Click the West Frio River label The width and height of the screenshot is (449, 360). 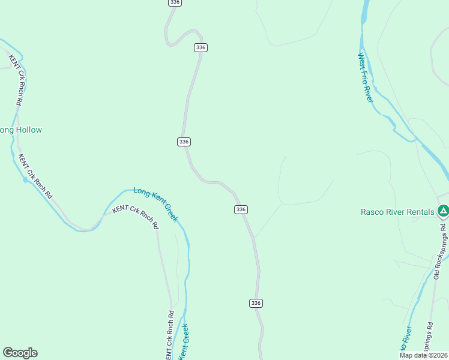coord(366,77)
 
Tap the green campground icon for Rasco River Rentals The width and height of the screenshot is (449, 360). coord(443,211)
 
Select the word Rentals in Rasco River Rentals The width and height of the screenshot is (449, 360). coord(418,211)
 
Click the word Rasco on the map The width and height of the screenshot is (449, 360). coord(372,211)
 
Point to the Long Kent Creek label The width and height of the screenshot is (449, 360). coord(155,204)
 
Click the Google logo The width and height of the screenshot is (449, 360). coord(20,353)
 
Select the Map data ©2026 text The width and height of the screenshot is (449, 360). coord(424,355)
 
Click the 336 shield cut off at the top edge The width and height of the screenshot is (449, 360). coord(174,2)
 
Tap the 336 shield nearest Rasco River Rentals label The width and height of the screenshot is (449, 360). coord(241,209)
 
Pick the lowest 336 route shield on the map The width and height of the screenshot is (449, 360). coord(256,303)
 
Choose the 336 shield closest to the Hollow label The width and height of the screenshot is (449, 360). coord(184,142)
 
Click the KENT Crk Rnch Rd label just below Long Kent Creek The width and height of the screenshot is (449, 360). coord(135,218)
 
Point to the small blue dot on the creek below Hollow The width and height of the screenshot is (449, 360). coord(25,179)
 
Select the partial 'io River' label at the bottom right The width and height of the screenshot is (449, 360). coord(406,340)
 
